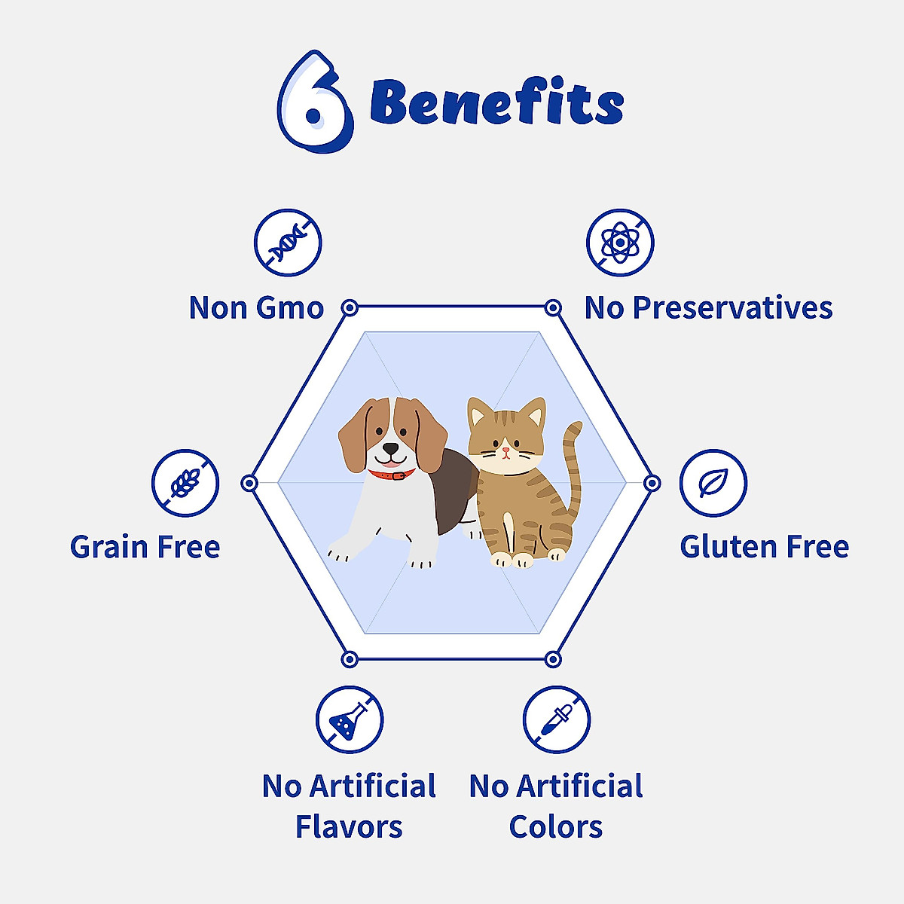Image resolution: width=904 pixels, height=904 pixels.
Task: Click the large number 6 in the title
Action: click(315, 102)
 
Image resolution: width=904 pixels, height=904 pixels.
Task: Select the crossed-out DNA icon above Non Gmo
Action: click(288, 243)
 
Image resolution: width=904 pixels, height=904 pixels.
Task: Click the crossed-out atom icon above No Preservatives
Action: click(620, 243)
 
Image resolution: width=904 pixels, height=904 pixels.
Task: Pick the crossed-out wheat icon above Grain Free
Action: click(185, 483)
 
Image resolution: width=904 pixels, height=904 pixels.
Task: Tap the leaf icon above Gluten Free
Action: click(713, 483)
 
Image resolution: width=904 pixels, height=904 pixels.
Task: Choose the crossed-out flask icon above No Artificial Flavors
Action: click(350, 719)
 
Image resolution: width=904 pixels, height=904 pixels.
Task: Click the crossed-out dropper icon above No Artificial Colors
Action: click(557, 719)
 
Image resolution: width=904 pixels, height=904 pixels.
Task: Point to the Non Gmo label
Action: click(256, 308)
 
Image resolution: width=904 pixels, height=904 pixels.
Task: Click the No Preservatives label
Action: click(708, 308)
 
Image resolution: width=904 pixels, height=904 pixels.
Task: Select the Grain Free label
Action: click(145, 547)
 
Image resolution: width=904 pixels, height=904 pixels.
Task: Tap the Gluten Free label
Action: click(764, 547)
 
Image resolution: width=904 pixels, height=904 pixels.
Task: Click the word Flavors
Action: click(349, 827)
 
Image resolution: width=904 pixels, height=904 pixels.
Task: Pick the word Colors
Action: click(556, 827)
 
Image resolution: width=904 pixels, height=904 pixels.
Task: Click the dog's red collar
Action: click(392, 475)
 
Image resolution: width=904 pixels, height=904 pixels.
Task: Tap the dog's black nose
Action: click(391, 447)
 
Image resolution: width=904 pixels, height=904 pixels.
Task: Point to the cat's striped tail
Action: click(572, 467)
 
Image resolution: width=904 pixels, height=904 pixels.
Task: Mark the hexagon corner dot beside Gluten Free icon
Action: click(652, 483)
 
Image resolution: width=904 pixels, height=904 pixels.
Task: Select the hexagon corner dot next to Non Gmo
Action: click(350, 307)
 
